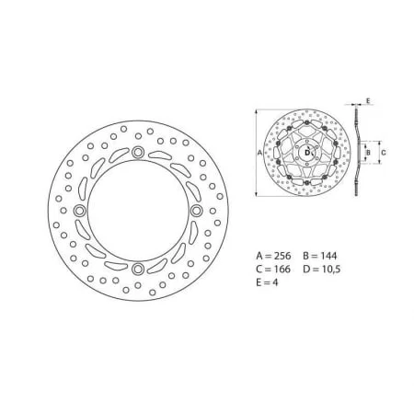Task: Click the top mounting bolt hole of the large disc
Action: (138, 152)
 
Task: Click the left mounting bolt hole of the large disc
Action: (80, 211)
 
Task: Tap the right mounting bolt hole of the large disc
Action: (196, 211)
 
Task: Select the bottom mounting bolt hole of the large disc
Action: (138, 269)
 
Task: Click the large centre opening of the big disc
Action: (138, 211)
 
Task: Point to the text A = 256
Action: (273, 256)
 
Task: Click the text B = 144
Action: (320, 256)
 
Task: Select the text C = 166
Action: (273, 269)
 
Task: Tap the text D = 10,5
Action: (322, 269)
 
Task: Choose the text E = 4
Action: (267, 282)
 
